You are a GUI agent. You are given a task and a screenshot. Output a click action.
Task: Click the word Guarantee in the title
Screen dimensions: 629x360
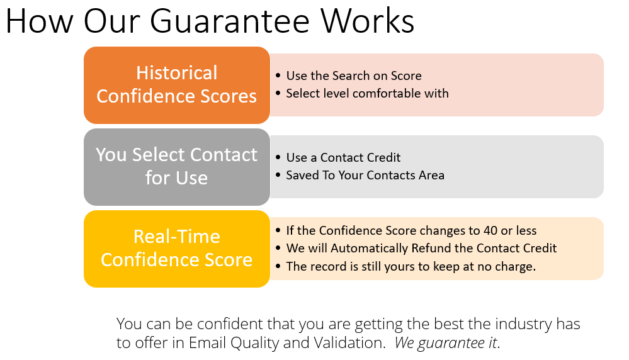pyautogui.click(x=230, y=21)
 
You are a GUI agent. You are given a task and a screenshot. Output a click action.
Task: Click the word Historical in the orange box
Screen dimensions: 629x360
pyautogui.click(x=176, y=73)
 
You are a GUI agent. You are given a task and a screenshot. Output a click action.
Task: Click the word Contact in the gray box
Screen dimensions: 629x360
pyautogui.click(x=224, y=155)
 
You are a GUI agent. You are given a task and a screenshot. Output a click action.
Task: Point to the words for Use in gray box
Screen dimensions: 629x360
pyautogui.click(x=176, y=178)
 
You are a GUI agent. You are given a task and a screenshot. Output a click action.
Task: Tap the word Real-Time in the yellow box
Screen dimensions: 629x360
pyautogui.click(x=176, y=237)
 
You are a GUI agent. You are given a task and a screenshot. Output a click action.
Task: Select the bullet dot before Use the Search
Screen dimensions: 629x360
pyautogui.click(x=278, y=76)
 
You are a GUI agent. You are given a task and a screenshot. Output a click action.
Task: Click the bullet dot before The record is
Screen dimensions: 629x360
pyautogui.click(x=278, y=266)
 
